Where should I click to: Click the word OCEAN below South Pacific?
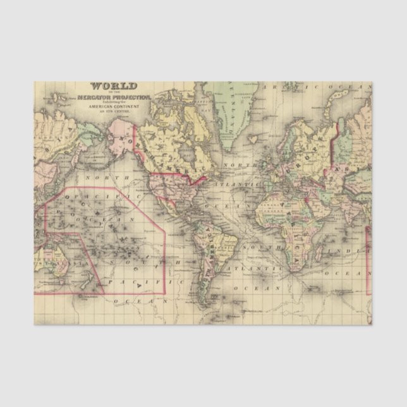click(x=139, y=301)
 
